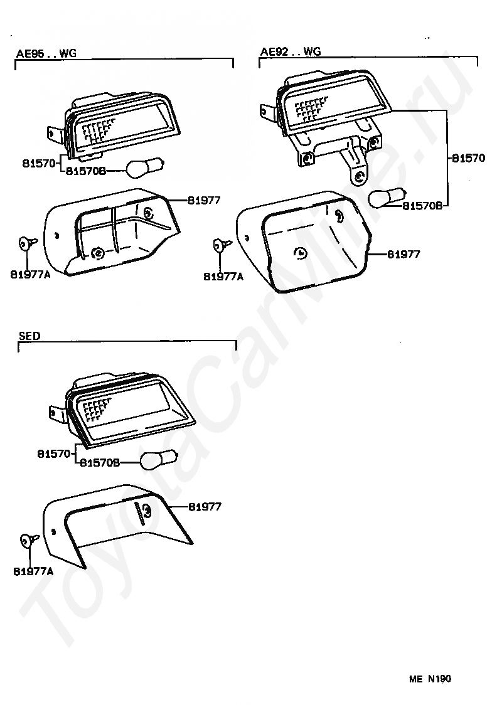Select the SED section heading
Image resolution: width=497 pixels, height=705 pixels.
coord(29,336)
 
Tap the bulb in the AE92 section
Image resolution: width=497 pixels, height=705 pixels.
coord(385,199)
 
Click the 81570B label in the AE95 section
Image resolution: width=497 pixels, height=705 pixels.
coord(86,171)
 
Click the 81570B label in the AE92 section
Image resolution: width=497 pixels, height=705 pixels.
coord(422,205)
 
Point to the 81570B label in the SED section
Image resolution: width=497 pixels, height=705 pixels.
coord(99,463)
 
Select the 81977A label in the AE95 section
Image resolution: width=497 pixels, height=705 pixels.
coord(30,274)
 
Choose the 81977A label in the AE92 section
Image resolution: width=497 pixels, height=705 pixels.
coord(223,275)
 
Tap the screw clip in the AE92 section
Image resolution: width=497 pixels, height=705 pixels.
coord(222,243)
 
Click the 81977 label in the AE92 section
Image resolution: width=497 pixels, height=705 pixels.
coord(403,254)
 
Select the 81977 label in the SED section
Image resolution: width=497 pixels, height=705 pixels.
coord(205,507)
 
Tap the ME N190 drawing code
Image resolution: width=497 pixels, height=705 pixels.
coord(430,678)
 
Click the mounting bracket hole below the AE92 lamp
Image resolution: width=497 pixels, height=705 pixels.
coord(358,177)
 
